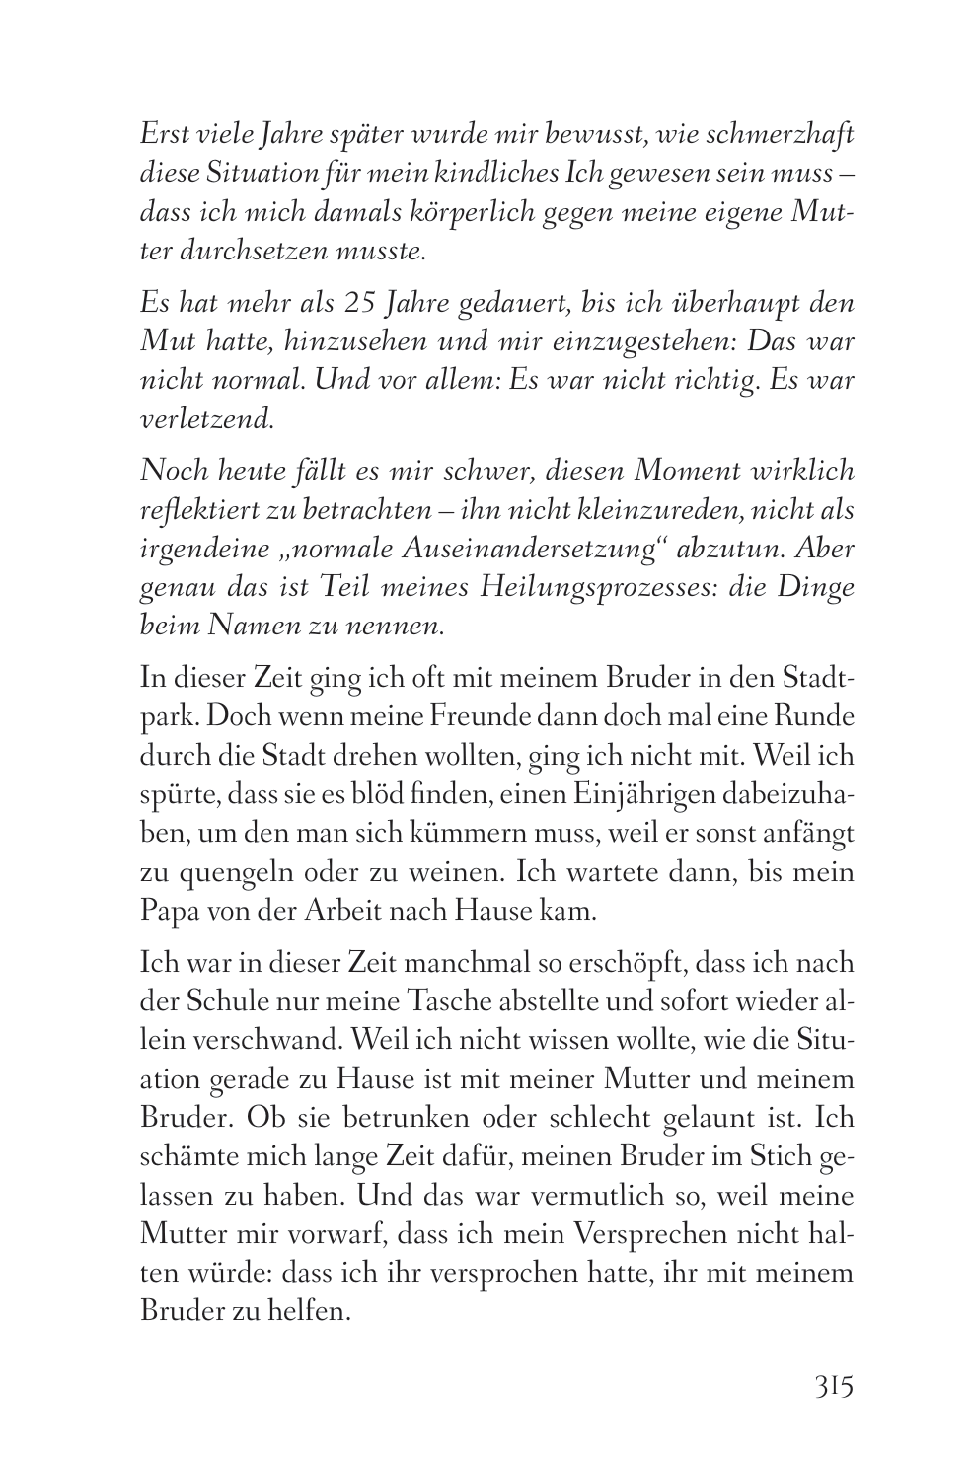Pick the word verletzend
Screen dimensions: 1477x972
(205, 418)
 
